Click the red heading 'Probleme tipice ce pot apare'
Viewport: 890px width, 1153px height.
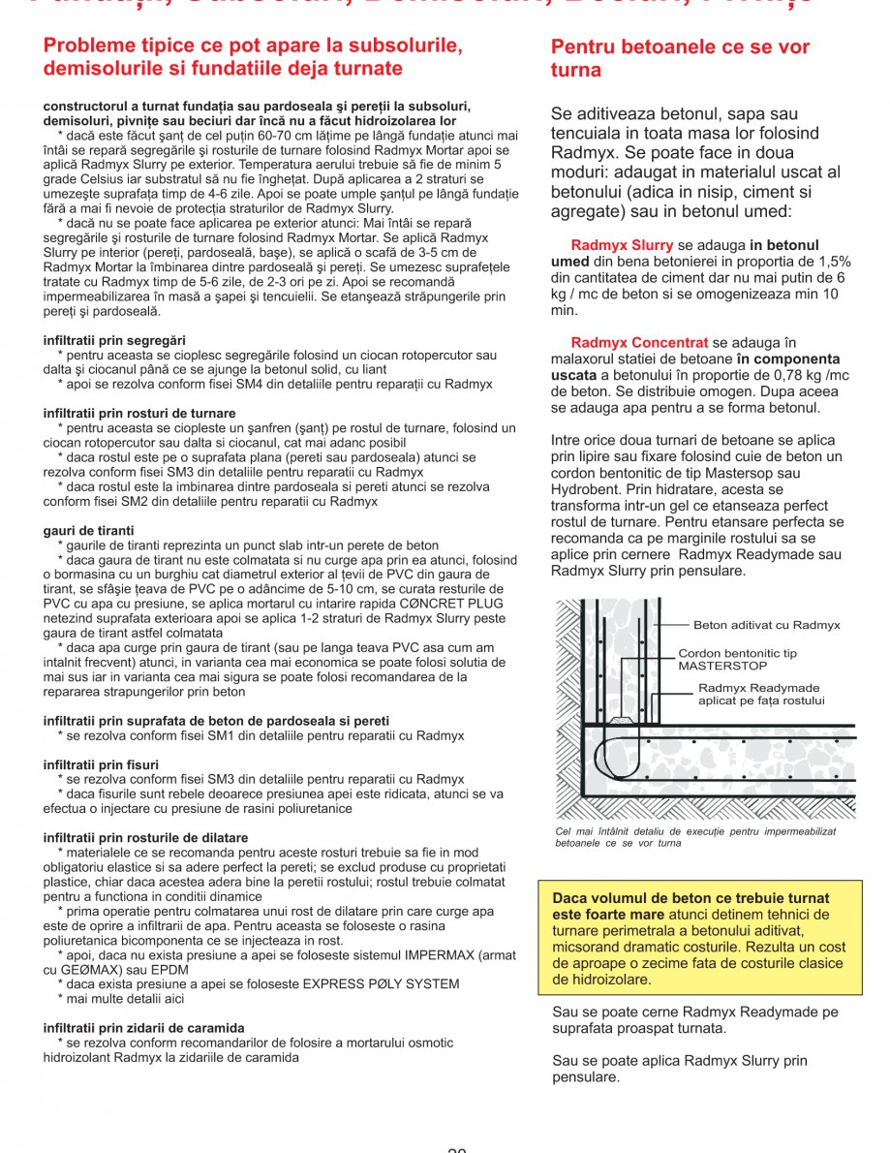tap(252, 47)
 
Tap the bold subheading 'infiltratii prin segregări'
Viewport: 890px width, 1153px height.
tap(114, 341)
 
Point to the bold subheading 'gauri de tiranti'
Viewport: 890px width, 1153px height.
tap(89, 531)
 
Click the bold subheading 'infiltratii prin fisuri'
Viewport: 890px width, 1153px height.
tap(101, 764)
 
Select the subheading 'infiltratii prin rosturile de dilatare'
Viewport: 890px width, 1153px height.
tap(145, 837)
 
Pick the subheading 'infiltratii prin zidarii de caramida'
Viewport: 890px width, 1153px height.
tap(143, 1028)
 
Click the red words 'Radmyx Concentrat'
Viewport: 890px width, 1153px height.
tap(639, 343)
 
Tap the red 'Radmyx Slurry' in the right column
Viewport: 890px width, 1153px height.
tap(622, 246)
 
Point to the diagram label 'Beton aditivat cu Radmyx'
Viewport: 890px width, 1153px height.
tap(766, 626)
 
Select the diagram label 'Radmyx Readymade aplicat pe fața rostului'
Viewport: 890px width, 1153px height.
tap(761, 695)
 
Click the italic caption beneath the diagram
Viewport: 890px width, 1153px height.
tap(695, 837)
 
